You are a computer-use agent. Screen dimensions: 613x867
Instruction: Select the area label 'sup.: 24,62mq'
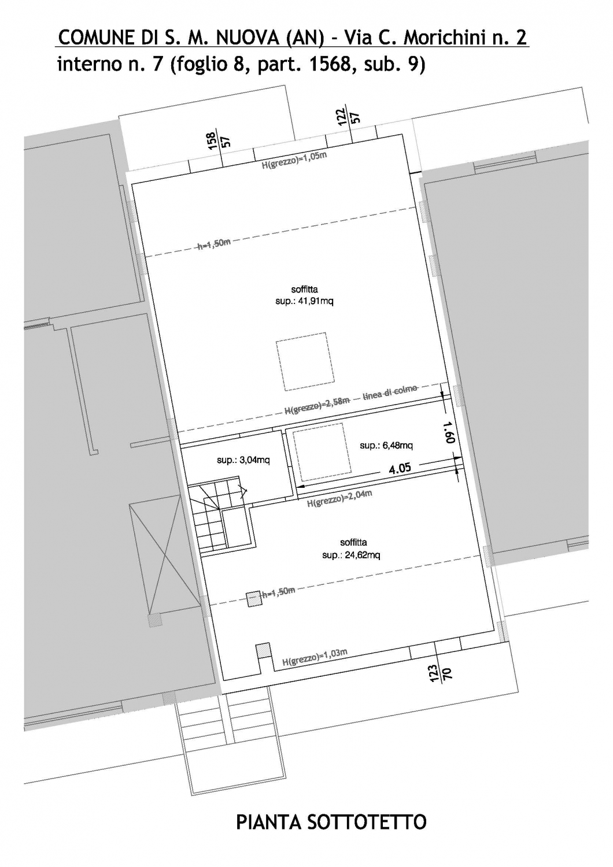click(351, 555)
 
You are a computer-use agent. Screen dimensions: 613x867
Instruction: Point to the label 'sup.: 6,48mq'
click(386, 446)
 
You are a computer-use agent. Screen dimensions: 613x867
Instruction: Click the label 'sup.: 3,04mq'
click(243, 460)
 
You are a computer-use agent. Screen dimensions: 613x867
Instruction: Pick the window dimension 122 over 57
click(348, 116)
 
